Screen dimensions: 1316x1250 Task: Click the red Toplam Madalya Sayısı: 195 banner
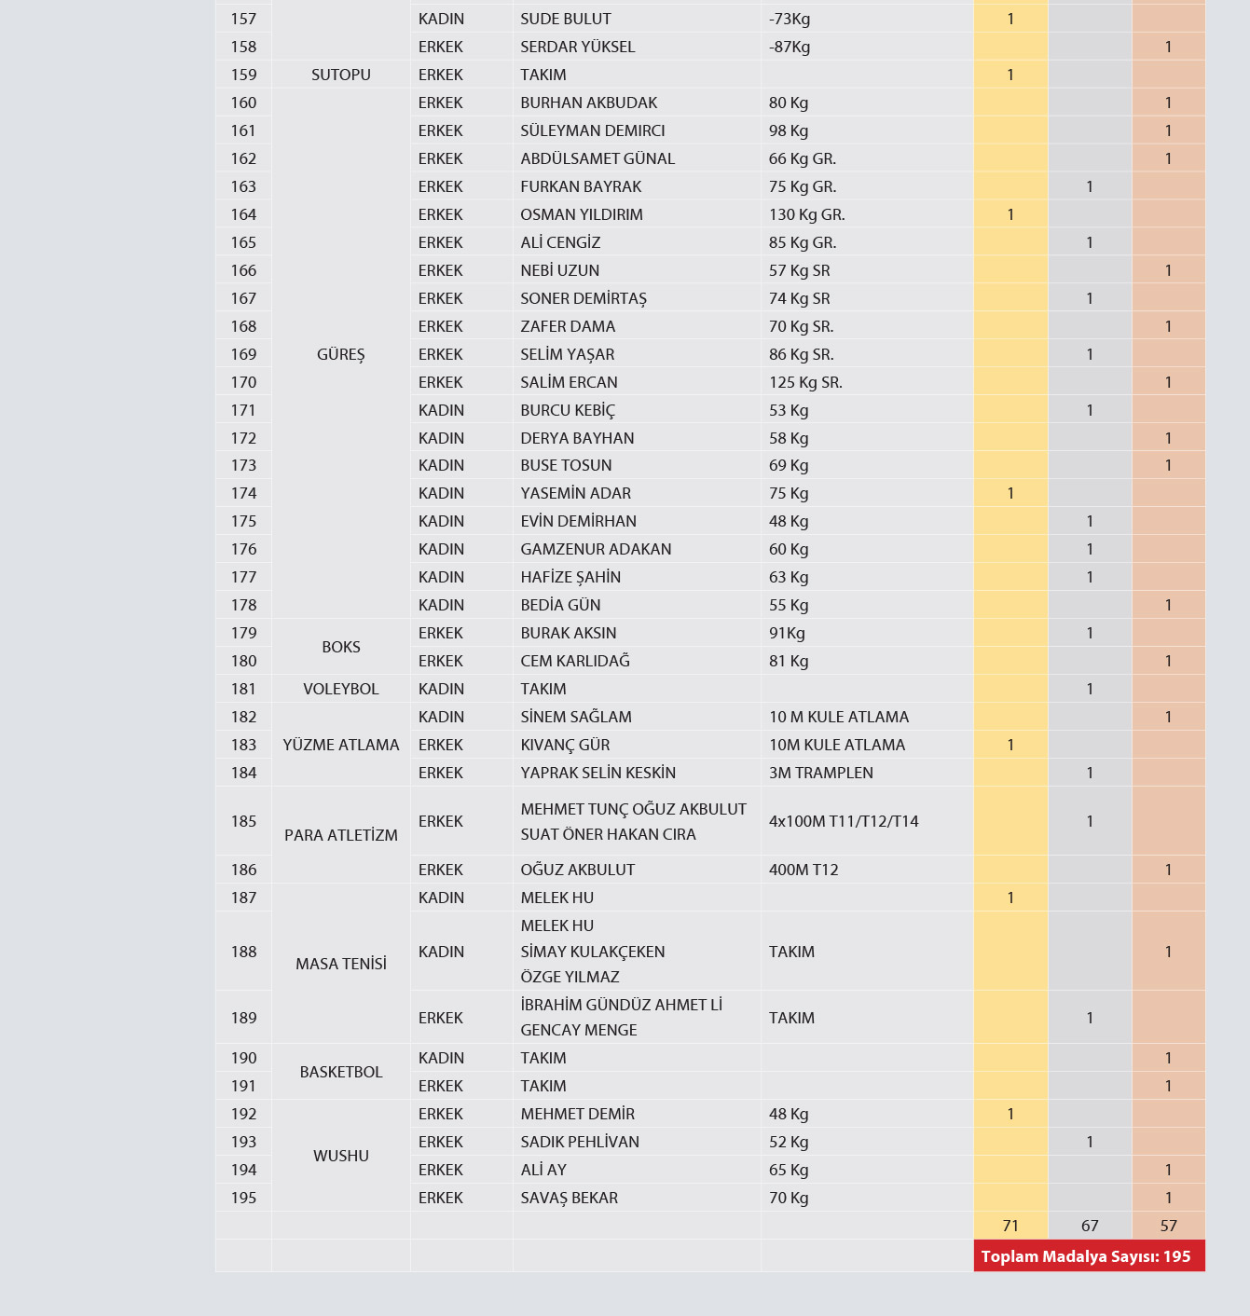click(x=1087, y=1256)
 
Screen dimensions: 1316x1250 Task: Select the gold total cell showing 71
click(x=1010, y=1226)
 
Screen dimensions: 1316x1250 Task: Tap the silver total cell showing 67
click(x=1090, y=1226)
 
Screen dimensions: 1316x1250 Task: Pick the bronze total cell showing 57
click(x=1169, y=1226)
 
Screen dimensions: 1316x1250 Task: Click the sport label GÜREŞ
click(x=341, y=354)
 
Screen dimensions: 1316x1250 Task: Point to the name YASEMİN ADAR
click(x=575, y=493)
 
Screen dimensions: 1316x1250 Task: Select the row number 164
click(x=243, y=214)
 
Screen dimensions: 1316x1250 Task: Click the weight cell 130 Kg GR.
click(x=806, y=214)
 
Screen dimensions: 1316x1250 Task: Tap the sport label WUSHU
click(x=341, y=1156)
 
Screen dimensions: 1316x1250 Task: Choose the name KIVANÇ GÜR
click(x=565, y=745)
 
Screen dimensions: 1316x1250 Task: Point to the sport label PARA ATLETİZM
click(x=341, y=835)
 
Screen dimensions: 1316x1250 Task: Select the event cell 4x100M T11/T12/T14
click(x=844, y=821)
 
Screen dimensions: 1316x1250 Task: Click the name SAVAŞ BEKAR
click(x=569, y=1198)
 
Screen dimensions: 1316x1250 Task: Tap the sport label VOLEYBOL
click(x=341, y=689)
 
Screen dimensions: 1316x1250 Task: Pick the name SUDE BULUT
click(x=565, y=19)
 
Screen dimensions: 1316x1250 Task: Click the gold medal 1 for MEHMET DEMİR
click(x=1010, y=1114)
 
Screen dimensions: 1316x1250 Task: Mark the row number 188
click(x=243, y=952)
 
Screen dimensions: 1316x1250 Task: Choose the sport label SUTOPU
click(x=341, y=75)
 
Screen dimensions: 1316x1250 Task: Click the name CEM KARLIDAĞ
click(x=575, y=661)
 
